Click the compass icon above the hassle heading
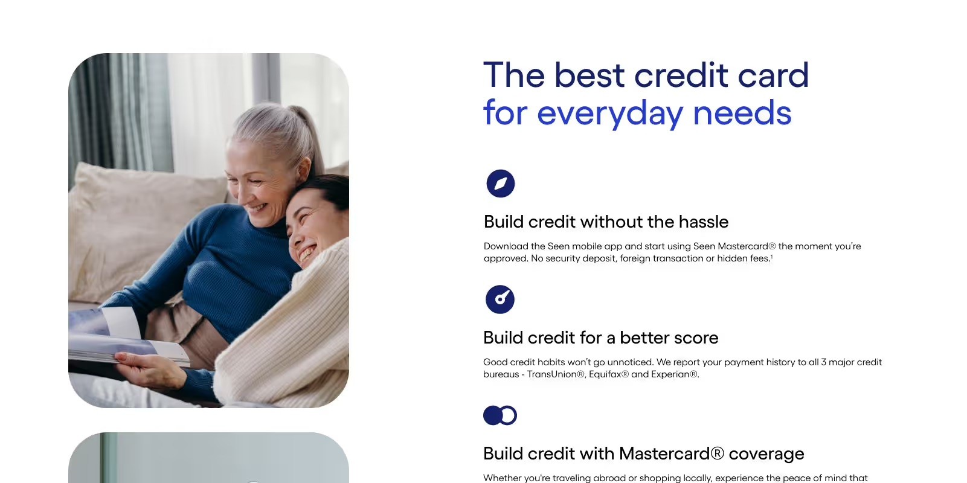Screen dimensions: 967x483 tap(500, 184)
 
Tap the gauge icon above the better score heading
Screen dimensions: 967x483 tap(500, 299)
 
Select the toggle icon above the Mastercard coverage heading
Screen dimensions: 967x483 tap(500, 415)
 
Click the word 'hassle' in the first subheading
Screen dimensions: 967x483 tap(703, 222)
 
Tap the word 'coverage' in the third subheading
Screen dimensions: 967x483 tap(766, 454)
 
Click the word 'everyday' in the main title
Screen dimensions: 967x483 tap(610, 113)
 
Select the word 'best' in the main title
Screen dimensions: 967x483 tap(590, 75)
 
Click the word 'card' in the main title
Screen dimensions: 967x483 tap(773, 75)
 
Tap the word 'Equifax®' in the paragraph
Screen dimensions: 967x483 tap(609, 375)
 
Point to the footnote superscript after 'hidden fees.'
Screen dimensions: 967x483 tap(771, 257)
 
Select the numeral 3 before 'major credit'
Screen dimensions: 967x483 tap(823, 362)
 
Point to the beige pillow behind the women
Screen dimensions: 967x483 tap(143, 216)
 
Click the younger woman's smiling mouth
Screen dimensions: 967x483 tap(307, 252)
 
